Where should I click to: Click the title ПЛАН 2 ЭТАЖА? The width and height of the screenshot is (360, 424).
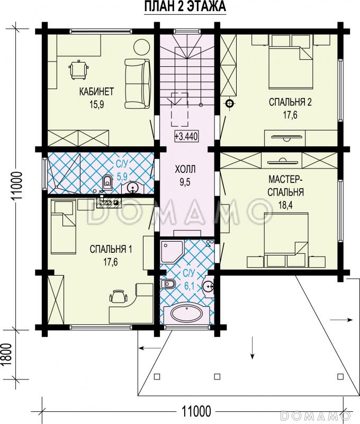(185, 6)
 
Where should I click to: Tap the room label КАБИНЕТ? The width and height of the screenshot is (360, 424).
(96, 92)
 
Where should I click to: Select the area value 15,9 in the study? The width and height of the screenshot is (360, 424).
(97, 104)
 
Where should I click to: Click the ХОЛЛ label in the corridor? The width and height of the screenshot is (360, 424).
(185, 170)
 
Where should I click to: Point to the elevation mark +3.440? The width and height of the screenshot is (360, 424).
(186, 136)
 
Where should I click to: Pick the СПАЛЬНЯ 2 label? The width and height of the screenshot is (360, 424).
(290, 102)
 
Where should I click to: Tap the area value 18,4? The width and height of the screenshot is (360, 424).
(285, 205)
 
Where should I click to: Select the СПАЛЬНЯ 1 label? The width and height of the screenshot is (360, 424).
(111, 249)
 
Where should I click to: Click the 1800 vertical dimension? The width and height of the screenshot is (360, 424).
(7, 355)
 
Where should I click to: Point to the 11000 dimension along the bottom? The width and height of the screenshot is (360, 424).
(196, 412)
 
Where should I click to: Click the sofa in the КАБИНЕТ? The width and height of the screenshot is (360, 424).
(138, 84)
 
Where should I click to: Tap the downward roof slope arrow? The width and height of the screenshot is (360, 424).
(252, 348)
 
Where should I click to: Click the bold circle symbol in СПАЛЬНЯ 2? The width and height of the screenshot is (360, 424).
(230, 103)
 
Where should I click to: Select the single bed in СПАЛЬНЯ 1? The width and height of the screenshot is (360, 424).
(64, 227)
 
